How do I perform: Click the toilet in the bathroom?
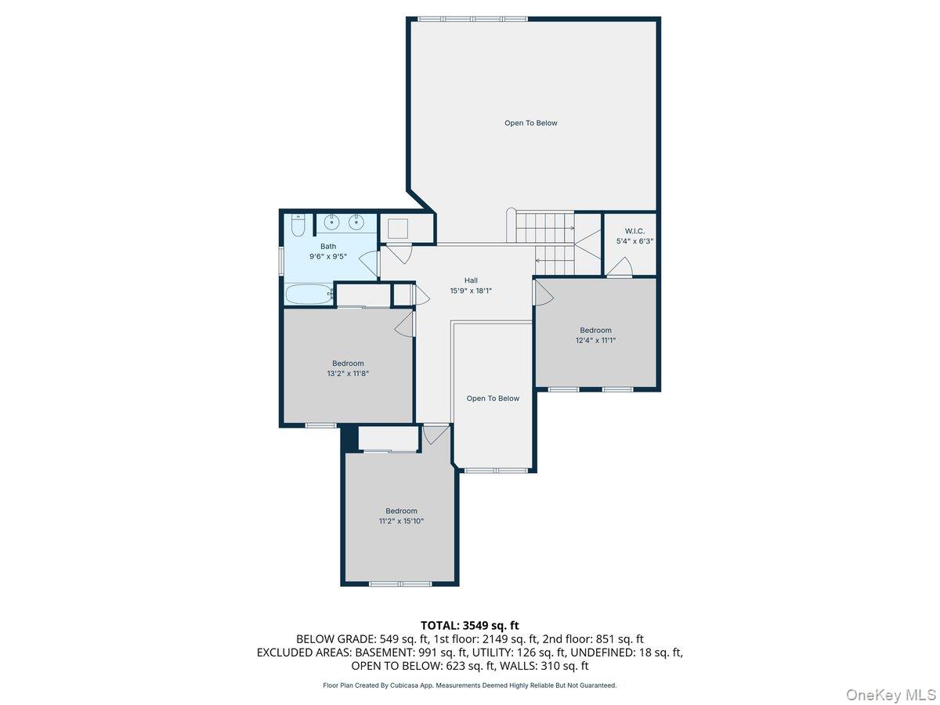coord(298,226)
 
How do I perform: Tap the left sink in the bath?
coord(331,223)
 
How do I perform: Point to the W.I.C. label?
coord(634,231)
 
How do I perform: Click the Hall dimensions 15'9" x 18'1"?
coord(471,291)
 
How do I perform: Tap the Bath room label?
coord(327,247)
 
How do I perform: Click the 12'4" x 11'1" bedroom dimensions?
coord(595,340)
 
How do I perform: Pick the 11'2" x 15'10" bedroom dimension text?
coord(401,521)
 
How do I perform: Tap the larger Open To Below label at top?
coord(530,123)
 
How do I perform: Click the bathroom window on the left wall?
coord(282,260)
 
